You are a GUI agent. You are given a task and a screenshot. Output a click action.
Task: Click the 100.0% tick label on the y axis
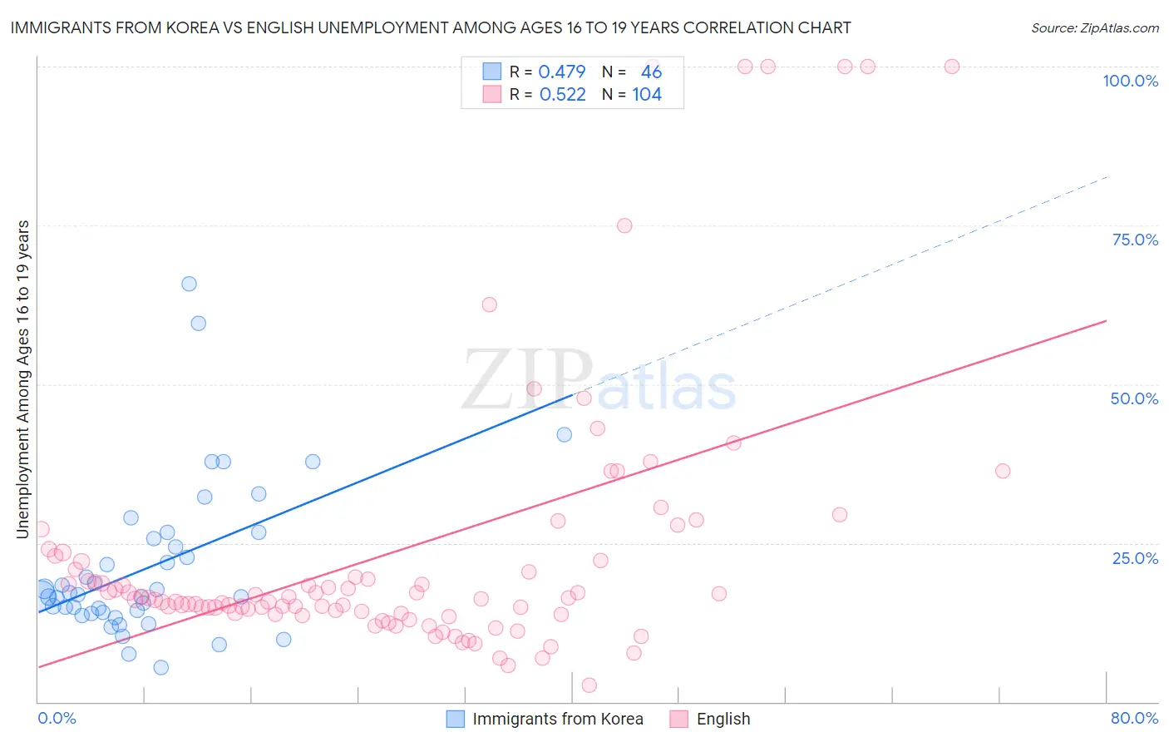[x=1130, y=81]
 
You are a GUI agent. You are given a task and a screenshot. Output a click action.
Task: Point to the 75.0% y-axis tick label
[x=1135, y=240]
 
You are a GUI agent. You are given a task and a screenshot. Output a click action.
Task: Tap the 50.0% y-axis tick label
[x=1134, y=398]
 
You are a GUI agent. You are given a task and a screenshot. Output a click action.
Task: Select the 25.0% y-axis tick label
[x=1135, y=558]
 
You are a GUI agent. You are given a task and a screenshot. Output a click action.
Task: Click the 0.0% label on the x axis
[x=57, y=718]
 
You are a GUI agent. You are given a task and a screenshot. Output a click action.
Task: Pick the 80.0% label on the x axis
[x=1134, y=718]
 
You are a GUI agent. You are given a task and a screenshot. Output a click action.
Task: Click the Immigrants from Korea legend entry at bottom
[x=557, y=719]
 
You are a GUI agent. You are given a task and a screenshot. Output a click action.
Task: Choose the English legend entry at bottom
[x=723, y=719]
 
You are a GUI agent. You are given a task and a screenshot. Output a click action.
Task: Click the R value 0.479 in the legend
[x=562, y=72]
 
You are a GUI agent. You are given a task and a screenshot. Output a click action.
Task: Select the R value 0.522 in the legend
[x=563, y=95]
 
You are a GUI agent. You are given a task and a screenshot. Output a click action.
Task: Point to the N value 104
[x=647, y=95]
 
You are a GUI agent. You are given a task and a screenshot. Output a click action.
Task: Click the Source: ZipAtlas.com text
[x=1094, y=27]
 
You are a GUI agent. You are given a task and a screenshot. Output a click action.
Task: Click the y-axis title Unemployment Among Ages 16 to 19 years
[x=23, y=379]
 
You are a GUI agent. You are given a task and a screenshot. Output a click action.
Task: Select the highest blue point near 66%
[x=189, y=284]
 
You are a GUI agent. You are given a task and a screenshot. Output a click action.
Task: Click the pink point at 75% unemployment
[x=624, y=225]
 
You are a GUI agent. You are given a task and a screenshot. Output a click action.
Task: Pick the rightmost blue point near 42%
[x=564, y=434]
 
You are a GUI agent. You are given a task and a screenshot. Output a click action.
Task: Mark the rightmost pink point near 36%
[x=1003, y=471]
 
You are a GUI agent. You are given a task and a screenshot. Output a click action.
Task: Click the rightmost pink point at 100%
[x=952, y=67]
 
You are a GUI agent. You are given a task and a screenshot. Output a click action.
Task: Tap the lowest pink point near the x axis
[x=589, y=685]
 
